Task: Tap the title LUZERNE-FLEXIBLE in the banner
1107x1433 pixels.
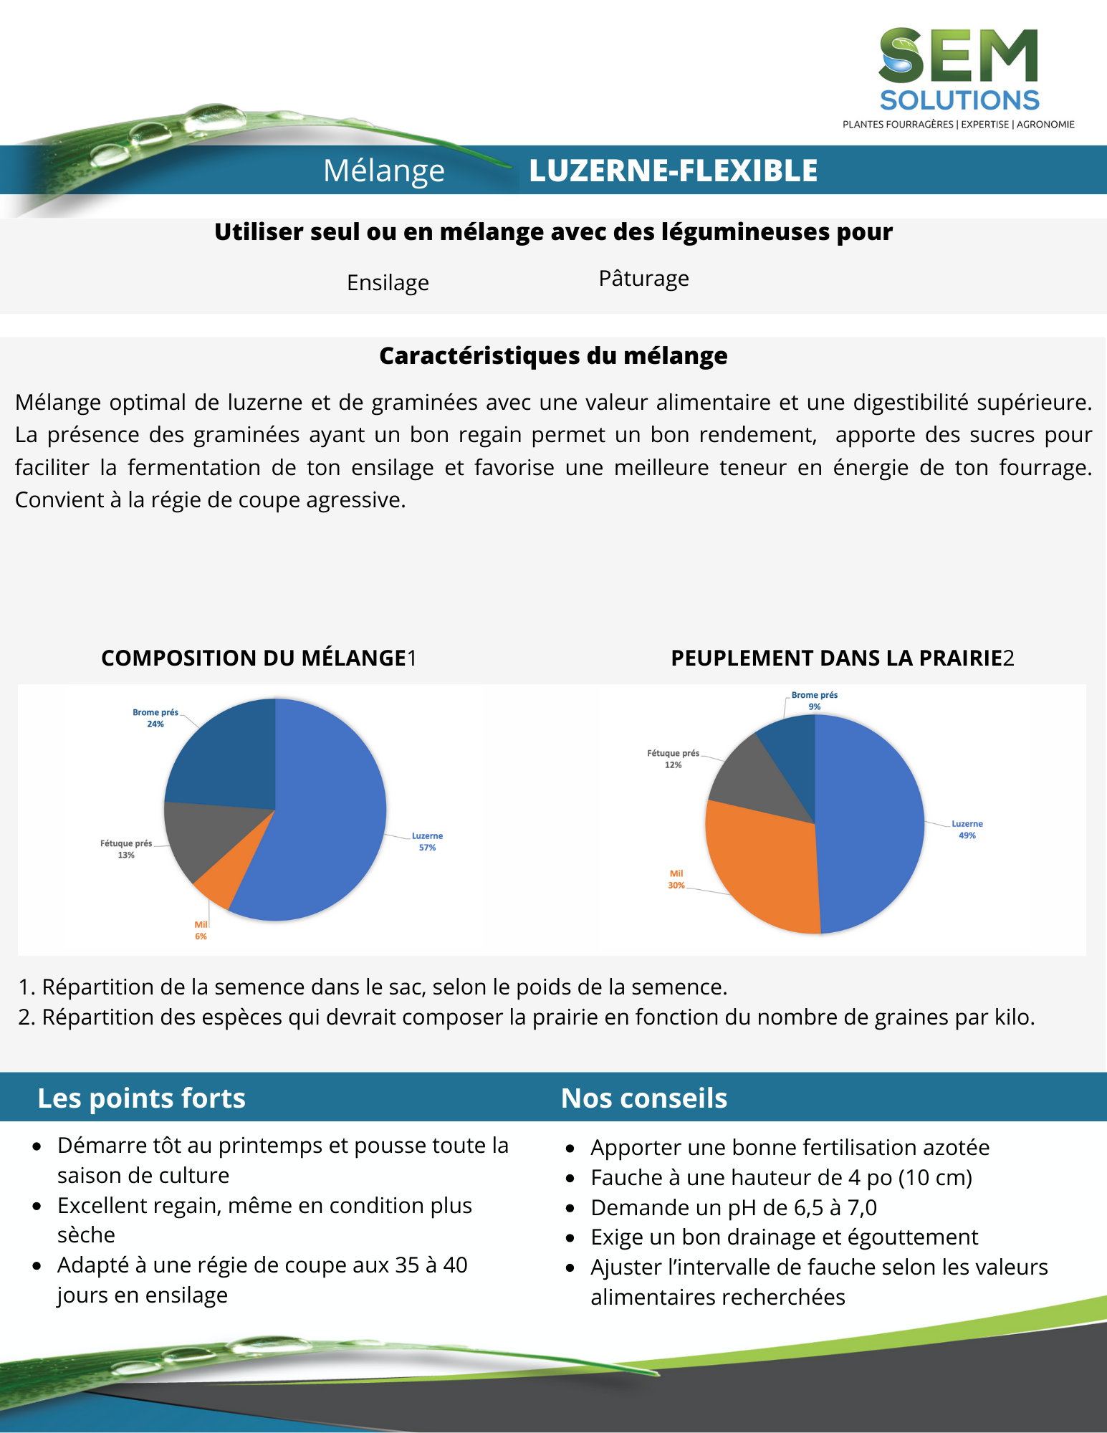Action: tap(673, 171)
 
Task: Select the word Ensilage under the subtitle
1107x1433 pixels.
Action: tap(388, 283)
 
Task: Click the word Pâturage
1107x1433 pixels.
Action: tap(643, 279)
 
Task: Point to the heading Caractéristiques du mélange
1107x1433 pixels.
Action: tap(553, 356)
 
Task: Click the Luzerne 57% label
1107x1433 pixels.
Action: tap(427, 842)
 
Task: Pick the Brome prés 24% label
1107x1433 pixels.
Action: tap(155, 718)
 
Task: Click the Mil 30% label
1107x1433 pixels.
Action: tap(676, 880)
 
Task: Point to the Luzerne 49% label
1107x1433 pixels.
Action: tap(967, 830)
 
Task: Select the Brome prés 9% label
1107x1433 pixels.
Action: tap(814, 701)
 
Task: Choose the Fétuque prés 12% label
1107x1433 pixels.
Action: tap(673, 759)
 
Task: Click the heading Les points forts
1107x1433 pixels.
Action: tap(141, 1098)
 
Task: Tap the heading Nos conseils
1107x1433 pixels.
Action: tap(643, 1098)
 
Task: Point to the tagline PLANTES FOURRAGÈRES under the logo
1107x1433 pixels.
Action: tap(898, 125)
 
